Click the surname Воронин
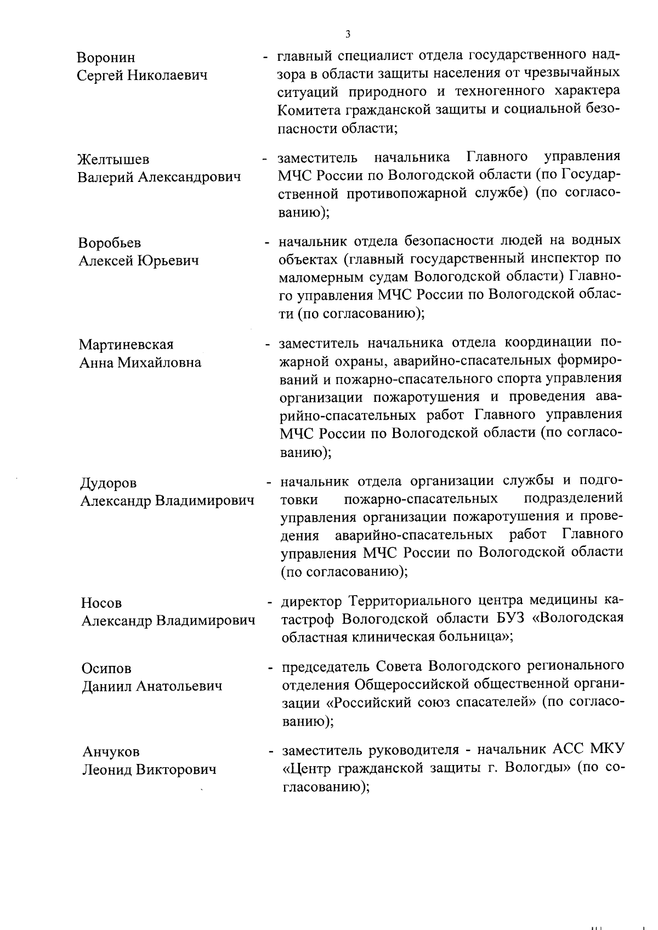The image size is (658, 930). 106,58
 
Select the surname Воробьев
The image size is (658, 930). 110,243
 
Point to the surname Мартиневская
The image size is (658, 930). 126,345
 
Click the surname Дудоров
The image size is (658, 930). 109,483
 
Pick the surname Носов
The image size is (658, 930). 101,603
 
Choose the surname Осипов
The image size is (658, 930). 106,669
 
